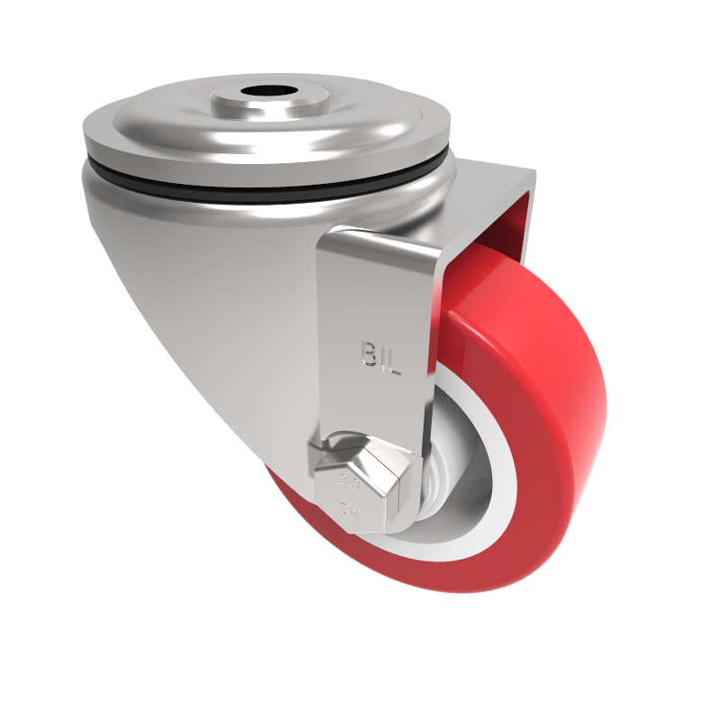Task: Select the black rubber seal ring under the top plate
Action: coord(270,187)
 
